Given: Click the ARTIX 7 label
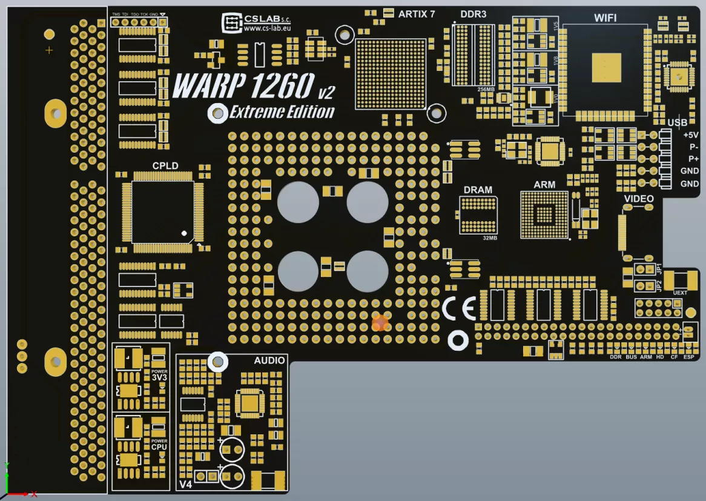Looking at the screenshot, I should (416, 14).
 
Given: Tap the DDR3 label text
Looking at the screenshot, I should (473, 14).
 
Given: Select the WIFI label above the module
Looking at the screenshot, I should (605, 18).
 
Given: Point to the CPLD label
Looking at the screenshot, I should (165, 166).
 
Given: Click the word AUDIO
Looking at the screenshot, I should (269, 360).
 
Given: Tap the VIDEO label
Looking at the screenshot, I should (639, 199).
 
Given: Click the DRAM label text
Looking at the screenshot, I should (478, 190).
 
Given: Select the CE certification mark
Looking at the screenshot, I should (458, 309).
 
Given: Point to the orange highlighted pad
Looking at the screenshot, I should (380, 323).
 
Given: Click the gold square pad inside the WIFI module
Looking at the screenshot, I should (606, 67).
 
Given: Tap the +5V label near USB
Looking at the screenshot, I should (690, 135).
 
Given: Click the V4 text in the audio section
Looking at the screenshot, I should (185, 485).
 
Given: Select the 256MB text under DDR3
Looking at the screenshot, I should (486, 89).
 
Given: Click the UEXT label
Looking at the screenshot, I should (680, 293).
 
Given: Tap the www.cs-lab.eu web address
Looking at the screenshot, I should (266, 28).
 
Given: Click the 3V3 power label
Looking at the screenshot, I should (159, 377).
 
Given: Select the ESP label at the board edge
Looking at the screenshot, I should (688, 357).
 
